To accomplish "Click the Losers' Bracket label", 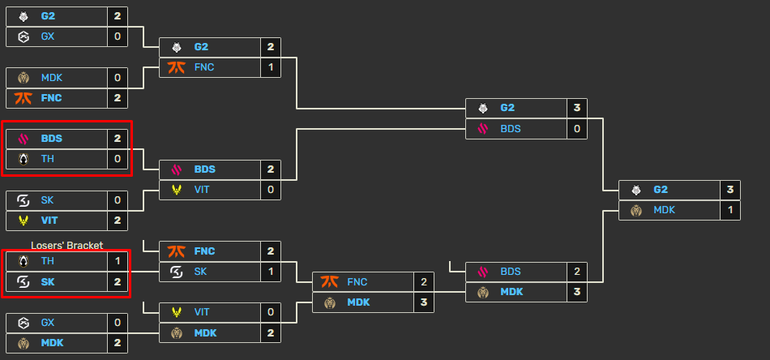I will (x=67, y=245).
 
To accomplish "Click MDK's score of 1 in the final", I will (x=731, y=210).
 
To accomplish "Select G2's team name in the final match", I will (x=661, y=190).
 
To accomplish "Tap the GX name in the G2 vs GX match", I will (x=48, y=36).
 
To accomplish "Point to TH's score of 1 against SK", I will (x=118, y=261).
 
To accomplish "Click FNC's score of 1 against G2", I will (x=271, y=67).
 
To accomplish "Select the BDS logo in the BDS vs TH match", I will (x=24, y=139).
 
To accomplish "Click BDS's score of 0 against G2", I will (x=577, y=128).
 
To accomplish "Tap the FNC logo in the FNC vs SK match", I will (x=177, y=251).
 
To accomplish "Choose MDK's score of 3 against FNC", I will (x=424, y=302).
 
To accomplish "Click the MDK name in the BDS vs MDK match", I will (x=511, y=292).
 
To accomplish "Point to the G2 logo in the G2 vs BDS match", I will (x=483, y=108).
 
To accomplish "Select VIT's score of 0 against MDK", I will (x=271, y=312).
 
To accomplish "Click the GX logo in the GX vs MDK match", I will (x=24, y=322).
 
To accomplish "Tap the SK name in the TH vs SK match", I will (x=49, y=281).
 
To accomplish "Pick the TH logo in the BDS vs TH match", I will (x=24, y=159).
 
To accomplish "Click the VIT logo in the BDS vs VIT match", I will (x=177, y=190).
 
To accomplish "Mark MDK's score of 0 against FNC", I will (x=118, y=78).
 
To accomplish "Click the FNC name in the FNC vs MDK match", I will (x=357, y=282).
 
